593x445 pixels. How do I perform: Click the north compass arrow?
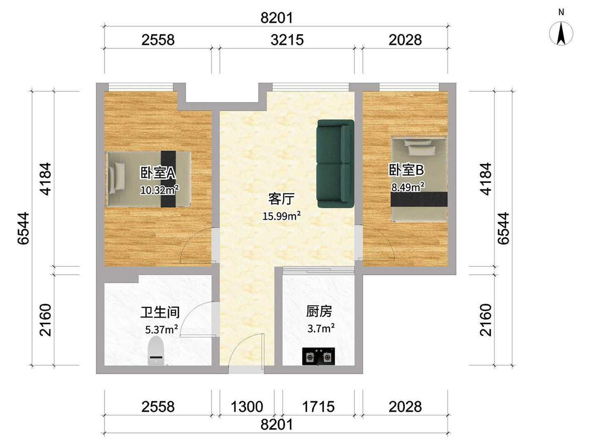click(x=561, y=33)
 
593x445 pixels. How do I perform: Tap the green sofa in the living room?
click(x=335, y=163)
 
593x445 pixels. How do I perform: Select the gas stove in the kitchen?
click(x=318, y=356)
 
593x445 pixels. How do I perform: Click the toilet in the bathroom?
click(x=156, y=351)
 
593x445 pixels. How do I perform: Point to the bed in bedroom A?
click(x=148, y=179)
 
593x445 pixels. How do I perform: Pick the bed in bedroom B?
click(x=419, y=179)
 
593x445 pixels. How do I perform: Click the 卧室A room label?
click(x=158, y=173)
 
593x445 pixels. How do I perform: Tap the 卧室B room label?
click(x=406, y=170)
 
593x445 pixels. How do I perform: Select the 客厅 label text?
click(x=281, y=199)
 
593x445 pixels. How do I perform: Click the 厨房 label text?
click(x=319, y=312)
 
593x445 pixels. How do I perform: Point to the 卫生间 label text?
click(x=160, y=313)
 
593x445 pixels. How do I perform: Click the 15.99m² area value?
click(x=282, y=216)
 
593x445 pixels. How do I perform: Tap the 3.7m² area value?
click(x=320, y=328)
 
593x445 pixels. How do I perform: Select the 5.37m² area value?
click(x=161, y=330)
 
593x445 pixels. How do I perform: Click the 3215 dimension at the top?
click(x=287, y=40)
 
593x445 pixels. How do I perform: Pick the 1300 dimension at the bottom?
click(x=247, y=407)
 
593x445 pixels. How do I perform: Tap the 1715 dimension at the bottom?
click(x=318, y=407)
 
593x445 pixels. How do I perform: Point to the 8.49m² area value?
click(x=407, y=187)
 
